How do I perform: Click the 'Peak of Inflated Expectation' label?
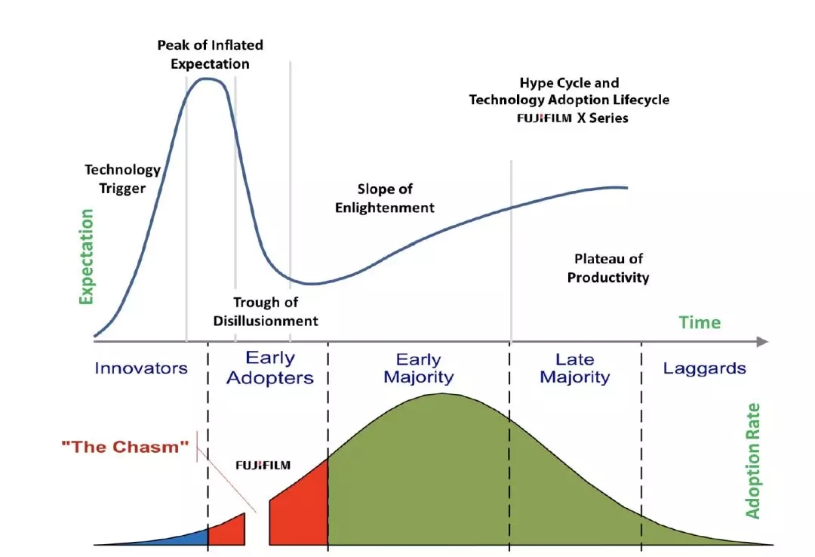(210, 54)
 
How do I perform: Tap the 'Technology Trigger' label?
(123, 178)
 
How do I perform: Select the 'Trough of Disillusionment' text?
(266, 311)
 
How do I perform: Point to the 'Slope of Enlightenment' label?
(385, 198)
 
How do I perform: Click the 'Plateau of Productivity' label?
(608, 268)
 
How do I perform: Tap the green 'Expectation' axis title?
(86, 257)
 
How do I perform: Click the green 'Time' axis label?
(700, 322)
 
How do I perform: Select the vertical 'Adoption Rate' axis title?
(752, 461)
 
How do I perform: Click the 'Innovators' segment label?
(141, 368)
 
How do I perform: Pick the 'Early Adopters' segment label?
(269, 367)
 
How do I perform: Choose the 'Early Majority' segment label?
(418, 368)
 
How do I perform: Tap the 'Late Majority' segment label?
(574, 368)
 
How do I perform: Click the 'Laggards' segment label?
(704, 368)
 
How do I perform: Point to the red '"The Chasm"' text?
(125, 447)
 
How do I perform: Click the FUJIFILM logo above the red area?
(263, 465)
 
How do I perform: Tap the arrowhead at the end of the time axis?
(762, 342)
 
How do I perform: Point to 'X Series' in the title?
(602, 118)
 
